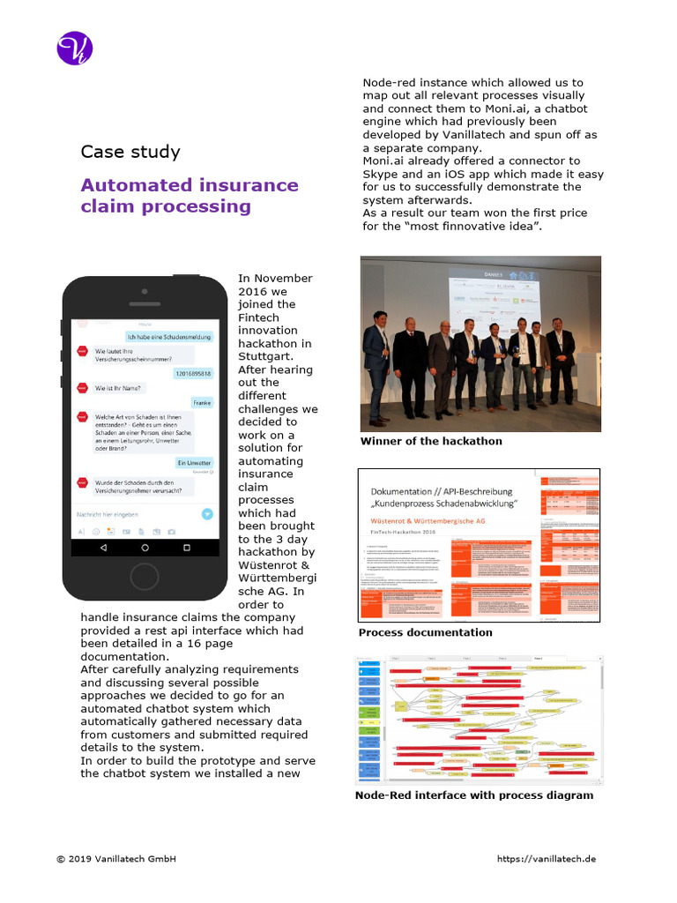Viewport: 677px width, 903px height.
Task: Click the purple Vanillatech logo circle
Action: (75, 48)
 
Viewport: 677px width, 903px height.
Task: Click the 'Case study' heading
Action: (130, 152)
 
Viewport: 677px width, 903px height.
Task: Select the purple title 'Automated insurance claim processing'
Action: (189, 196)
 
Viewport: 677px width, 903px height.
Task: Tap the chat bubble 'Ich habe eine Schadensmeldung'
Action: (169, 336)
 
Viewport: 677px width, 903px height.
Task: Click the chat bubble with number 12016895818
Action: (192, 373)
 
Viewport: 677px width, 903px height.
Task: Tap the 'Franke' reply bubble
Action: (202, 402)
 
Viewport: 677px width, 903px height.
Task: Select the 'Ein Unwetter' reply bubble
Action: (194, 462)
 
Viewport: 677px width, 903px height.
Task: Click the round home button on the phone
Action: (145, 576)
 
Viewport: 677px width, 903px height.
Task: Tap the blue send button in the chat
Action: (205, 513)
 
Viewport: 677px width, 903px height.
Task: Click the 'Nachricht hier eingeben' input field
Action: (132, 513)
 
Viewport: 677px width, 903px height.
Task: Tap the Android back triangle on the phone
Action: (103, 548)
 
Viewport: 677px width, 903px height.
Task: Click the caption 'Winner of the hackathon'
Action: (431, 441)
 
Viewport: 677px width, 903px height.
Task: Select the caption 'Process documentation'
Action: (425, 632)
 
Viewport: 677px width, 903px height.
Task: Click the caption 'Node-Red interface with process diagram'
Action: (473, 795)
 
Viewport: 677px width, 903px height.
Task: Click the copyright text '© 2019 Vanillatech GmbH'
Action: (116, 859)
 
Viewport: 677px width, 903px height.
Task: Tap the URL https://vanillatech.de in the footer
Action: (547, 859)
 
